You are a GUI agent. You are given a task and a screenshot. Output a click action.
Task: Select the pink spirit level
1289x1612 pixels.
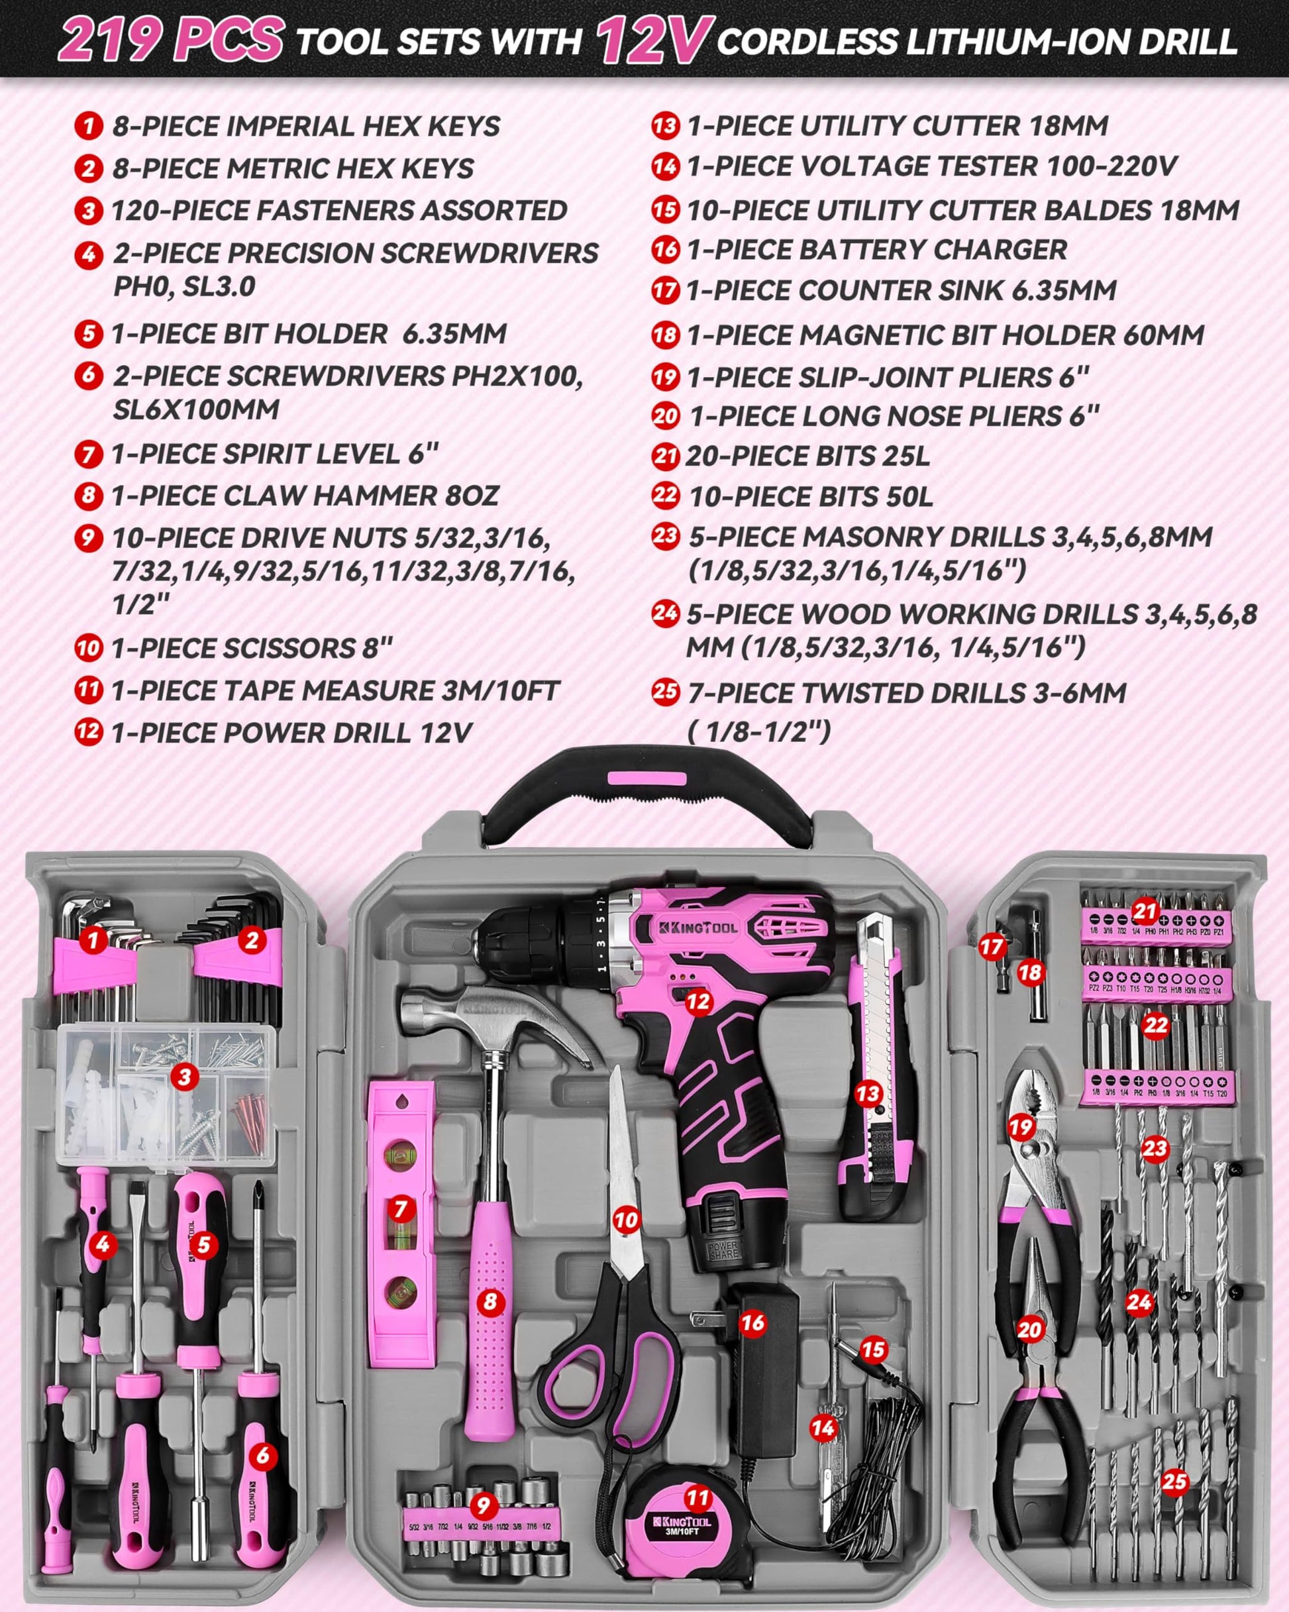(x=401, y=1226)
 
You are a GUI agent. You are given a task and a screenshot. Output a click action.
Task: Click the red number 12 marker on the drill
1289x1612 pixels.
(x=697, y=1001)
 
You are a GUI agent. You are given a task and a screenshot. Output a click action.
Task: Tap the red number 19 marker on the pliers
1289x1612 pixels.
(x=1021, y=1128)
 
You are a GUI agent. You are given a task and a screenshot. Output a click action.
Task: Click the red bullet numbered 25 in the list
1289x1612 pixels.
(x=664, y=692)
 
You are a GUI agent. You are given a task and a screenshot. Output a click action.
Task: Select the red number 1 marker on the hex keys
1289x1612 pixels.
(x=93, y=939)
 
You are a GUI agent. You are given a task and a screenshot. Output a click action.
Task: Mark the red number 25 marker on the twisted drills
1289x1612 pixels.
(x=1174, y=1481)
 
